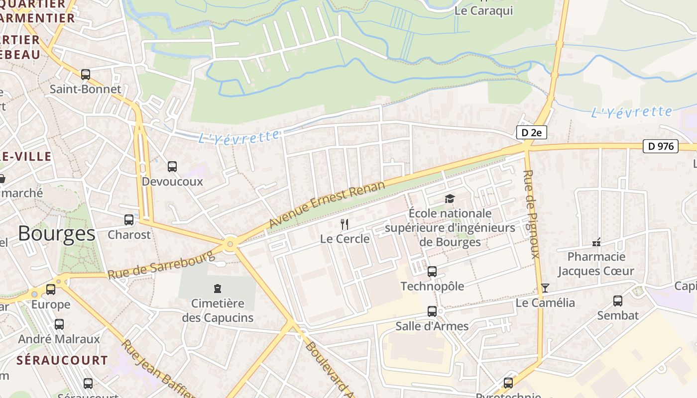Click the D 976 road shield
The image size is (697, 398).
661,146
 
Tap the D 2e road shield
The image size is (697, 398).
531,132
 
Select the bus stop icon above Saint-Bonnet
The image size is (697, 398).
86,75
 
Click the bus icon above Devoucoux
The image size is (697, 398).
172,167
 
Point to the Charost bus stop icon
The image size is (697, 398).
129,219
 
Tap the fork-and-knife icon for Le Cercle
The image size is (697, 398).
344,224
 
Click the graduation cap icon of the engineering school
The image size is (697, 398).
450,199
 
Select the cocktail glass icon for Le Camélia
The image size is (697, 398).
545,288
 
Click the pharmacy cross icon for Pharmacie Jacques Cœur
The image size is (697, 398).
596,242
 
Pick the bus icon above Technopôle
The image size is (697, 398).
432,272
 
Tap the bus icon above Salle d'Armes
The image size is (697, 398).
432,311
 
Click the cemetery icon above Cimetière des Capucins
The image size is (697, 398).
217,288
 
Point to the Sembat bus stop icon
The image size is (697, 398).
618,301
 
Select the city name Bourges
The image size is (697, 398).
56,233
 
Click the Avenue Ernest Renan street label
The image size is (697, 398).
327,204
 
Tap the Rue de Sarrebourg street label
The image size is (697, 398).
161,265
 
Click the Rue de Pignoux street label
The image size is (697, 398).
531,214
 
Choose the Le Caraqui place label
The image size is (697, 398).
483,10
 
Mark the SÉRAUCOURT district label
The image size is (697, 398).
62,360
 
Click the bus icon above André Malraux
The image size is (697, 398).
59,324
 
